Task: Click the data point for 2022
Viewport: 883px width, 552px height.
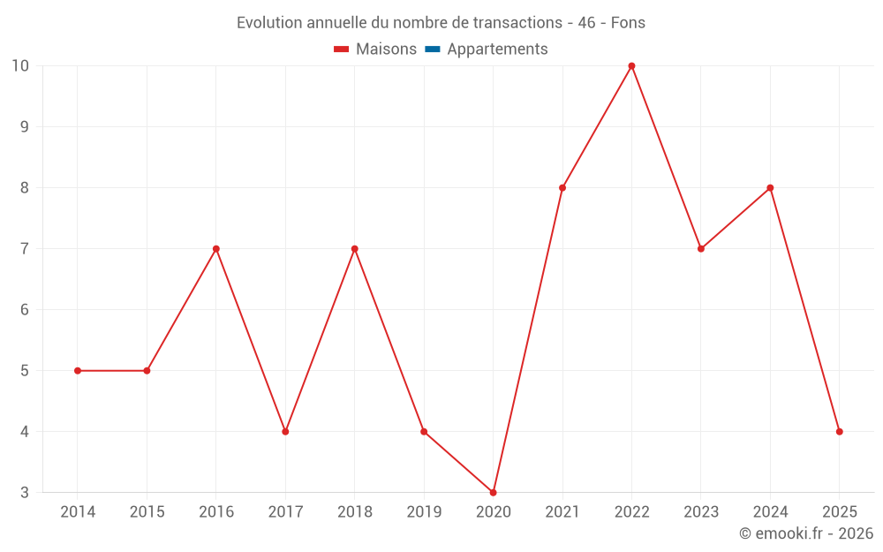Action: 631,66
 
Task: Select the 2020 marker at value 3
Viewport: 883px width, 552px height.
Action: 493,492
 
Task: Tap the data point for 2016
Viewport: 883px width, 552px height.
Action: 215,249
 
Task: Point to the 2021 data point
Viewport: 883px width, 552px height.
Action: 562,188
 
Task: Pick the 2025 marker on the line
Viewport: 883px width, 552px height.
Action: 839,432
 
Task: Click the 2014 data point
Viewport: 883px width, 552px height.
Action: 78,371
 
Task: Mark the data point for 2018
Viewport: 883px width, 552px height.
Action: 354,249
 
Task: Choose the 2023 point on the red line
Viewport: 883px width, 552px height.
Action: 701,249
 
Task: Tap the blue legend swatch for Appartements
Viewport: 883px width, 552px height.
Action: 432,49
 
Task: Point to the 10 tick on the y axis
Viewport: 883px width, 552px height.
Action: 20,66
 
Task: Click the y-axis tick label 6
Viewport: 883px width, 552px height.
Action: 24,310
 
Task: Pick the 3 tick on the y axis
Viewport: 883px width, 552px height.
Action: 24,492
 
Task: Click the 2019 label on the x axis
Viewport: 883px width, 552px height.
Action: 424,512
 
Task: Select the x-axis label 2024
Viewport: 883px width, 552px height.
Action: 770,512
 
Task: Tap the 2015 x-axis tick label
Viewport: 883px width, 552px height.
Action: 147,512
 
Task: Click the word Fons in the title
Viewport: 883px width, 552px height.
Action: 628,23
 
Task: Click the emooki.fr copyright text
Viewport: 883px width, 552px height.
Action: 806,533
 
